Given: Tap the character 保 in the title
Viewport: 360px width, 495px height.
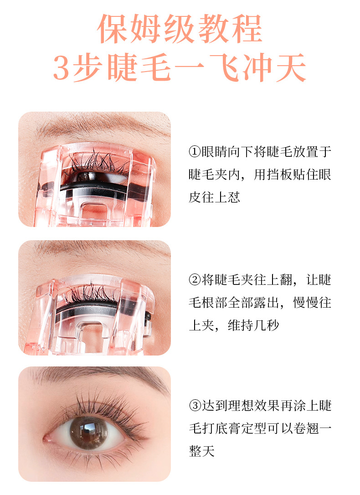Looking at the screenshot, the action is point(113,29).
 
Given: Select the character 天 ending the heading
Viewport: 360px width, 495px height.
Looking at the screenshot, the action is point(291,67).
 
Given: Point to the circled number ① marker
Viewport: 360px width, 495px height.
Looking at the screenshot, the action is point(195,152).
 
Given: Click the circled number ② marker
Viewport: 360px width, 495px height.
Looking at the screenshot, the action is point(195,280).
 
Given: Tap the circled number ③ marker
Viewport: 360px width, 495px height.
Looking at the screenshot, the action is point(195,406).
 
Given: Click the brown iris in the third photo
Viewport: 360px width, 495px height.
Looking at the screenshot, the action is point(87,433).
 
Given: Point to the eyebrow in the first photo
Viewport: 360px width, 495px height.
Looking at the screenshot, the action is point(101,126).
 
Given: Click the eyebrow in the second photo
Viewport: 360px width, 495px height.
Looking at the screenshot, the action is point(101,249).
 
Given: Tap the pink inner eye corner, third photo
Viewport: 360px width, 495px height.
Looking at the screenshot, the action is point(48,438).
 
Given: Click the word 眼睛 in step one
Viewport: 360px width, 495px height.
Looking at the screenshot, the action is point(214,152).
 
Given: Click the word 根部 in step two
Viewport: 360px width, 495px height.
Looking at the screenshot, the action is point(215,303).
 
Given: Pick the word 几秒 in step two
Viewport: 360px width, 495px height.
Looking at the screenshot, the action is point(266,325).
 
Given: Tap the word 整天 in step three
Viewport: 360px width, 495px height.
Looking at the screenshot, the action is point(201,451).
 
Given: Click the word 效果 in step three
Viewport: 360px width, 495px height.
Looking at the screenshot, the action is point(266,406).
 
